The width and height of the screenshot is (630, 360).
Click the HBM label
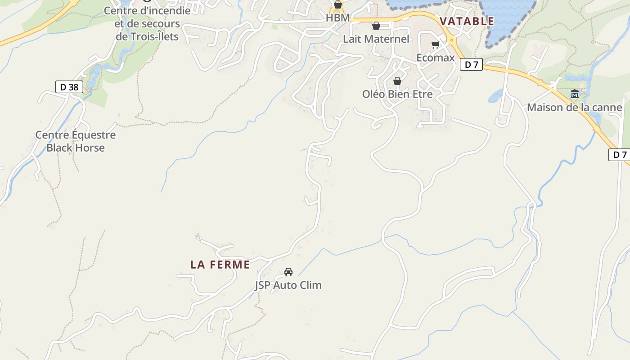[x=338, y=18]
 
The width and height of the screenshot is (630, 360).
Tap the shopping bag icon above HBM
[x=338, y=5]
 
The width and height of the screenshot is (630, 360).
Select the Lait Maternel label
[x=376, y=39]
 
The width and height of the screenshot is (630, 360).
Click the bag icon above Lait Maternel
[x=376, y=26]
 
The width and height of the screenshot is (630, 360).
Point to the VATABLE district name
[x=467, y=21]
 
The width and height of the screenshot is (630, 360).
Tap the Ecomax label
[x=435, y=58]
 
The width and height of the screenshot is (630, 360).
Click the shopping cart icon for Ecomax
[x=435, y=45]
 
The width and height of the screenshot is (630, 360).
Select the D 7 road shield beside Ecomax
[x=471, y=65]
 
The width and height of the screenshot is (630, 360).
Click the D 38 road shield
[x=69, y=87]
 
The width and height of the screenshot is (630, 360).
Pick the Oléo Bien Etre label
[x=397, y=94]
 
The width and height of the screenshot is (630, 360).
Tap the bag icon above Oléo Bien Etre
[x=397, y=81]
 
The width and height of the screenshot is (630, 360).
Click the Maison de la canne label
[x=574, y=108]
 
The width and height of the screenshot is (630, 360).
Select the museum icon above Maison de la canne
[x=575, y=94]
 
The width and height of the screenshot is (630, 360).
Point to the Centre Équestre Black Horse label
[x=76, y=141]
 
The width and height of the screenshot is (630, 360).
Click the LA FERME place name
[x=220, y=265]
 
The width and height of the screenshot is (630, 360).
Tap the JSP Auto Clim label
[x=288, y=285]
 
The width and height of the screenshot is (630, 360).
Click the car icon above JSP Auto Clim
[x=288, y=272]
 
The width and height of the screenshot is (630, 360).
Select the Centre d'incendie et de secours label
[x=147, y=23]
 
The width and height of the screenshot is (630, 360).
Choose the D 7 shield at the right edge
[x=620, y=155]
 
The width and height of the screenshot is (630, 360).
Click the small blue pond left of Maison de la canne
[x=495, y=96]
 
